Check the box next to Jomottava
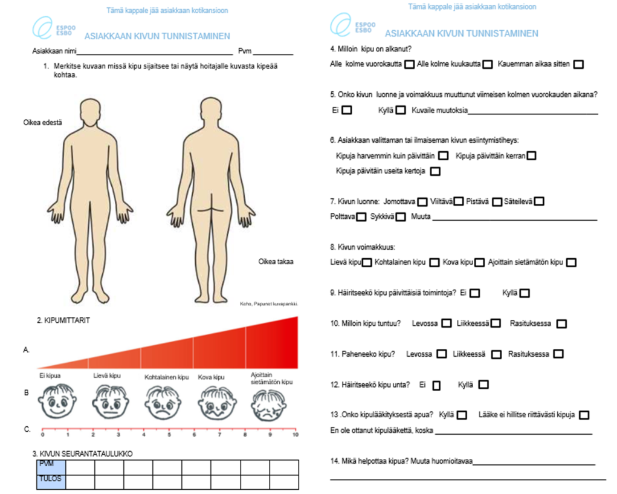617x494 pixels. click(422, 201)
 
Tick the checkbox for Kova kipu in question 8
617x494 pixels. click(479, 262)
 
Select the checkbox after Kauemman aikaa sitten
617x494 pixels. click(578, 64)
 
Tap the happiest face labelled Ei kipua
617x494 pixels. click(57, 401)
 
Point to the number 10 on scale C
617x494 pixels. click(296, 435)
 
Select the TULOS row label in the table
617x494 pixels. click(50, 478)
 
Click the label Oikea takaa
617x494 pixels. click(276, 262)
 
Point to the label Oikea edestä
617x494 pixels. click(42, 123)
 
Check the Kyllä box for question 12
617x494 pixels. click(483, 385)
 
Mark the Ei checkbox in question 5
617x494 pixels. click(347, 110)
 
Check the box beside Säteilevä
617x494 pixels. click(539, 201)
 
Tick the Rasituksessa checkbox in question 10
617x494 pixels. click(561, 323)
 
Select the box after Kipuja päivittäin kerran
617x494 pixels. click(531, 156)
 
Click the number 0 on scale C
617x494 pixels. click(42, 435)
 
